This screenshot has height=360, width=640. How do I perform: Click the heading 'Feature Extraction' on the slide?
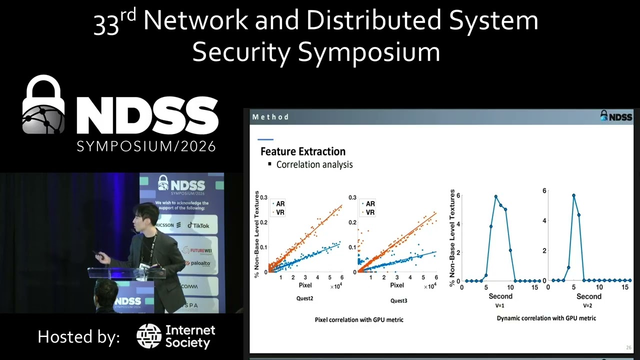(x=303, y=151)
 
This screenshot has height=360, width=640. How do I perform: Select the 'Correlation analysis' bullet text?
(x=314, y=164)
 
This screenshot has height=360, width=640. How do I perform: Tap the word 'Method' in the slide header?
(x=270, y=117)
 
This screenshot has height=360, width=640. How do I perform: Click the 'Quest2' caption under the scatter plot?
(x=304, y=298)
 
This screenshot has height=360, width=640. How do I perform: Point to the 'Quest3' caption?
(x=398, y=301)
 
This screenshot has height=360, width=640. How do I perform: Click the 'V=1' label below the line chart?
(x=499, y=305)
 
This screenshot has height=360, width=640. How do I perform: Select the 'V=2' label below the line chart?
(x=587, y=305)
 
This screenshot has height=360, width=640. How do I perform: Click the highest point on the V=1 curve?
(x=496, y=196)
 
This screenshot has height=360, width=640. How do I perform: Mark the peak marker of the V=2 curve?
(x=573, y=195)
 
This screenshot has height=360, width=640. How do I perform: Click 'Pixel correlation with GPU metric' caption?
(x=358, y=319)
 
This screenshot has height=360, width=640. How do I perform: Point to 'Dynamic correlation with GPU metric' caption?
(x=546, y=318)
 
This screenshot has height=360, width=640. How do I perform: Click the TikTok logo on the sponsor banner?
(x=198, y=225)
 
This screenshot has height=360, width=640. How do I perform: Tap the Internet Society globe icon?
(x=148, y=336)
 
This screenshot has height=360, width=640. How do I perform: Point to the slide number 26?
(x=628, y=347)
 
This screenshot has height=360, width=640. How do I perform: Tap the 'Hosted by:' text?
(x=78, y=336)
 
